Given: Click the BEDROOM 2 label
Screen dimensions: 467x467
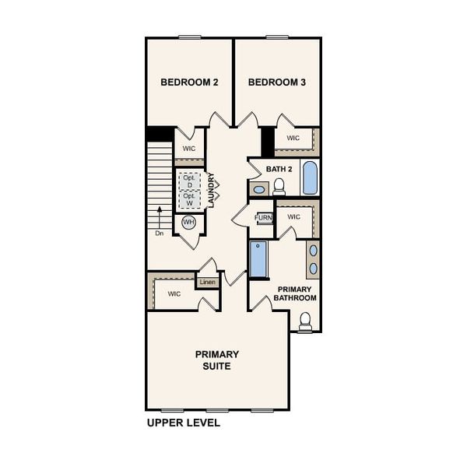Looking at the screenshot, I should pyautogui.click(x=189, y=82).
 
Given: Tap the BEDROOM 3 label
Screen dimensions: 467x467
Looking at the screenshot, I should pyautogui.click(x=276, y=82).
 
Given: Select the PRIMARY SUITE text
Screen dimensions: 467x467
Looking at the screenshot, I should pyautogui.click(x=217, y=360).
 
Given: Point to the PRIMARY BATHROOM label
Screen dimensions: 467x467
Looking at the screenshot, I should pyautogui.click(x=297, y=293).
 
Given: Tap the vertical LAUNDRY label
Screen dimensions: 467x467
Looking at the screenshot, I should pyautogui.click(x=211, y=190).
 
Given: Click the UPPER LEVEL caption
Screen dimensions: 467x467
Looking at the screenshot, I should pyautogui.click(x=184, y=423).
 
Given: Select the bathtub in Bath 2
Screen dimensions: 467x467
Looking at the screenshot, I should pyautogui.click(x=310, y=178).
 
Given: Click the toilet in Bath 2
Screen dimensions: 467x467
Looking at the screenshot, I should pyautogui.click(x=279, y=186).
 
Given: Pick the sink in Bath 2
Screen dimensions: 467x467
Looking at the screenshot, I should pyautogui.click(x=258, y=188).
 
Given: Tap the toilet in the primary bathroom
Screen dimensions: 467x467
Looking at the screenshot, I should pyautogui.click(x=305, y=320).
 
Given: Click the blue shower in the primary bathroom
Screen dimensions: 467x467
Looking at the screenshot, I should pyautogui.click(x=258, y=259).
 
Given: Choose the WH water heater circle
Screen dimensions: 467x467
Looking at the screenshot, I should pyautogui.click(x=188, y=223).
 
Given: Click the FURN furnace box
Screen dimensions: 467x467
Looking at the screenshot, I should pyautogui.click(x=264, y=217).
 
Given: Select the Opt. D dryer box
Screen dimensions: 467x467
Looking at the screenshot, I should pyautogui.click(x=189, y=181).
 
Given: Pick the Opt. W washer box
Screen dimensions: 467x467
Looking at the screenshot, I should pyautogui.click(x=189, y=199).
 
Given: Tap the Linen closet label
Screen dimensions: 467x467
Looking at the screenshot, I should pyautogui.click(x=207, y=282).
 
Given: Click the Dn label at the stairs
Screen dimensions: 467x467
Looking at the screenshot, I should pyautogui.click(x=159, y=233).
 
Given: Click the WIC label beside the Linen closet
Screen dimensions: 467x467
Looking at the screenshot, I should pyautogui.click(x=174, y=293).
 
